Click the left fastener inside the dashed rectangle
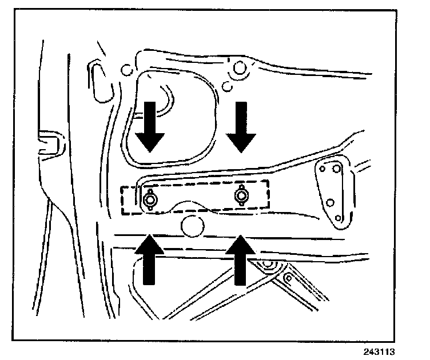click(151, 199)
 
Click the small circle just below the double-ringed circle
click(227, 86)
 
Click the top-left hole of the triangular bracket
click(323, 170)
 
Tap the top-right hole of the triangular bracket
click(337, 169)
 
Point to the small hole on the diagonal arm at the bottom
click(288, 278)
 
